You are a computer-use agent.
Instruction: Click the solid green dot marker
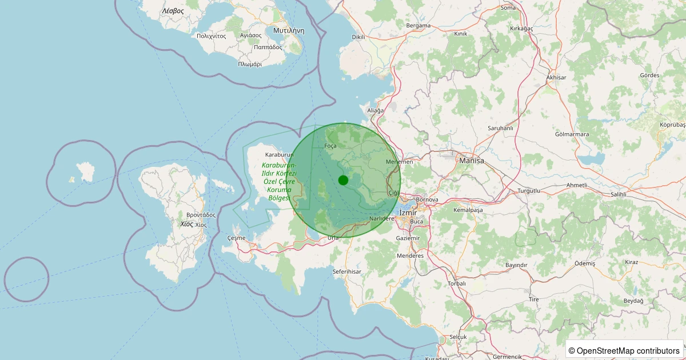tap(343, 180)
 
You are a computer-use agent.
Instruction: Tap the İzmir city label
tap(408, 213)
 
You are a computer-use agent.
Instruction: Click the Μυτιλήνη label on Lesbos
tap(288, 30)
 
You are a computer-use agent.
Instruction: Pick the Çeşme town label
tap(236, 238)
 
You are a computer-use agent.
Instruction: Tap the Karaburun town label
tap(279, 155)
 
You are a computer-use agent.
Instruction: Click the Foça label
tap(330, 146)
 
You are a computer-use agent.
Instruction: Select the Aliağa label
tap(375, 110)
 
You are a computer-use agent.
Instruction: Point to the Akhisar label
tap(556, 77)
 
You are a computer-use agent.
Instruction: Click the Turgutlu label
tap(528, 190)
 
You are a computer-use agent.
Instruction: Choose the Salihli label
tap(619, 194)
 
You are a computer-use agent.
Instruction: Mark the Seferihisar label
tap(347, 271)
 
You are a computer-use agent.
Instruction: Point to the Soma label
tap(508, 7)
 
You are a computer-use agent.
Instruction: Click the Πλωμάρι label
tap(250, 64)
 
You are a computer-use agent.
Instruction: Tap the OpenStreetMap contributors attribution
tap(624, 350)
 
